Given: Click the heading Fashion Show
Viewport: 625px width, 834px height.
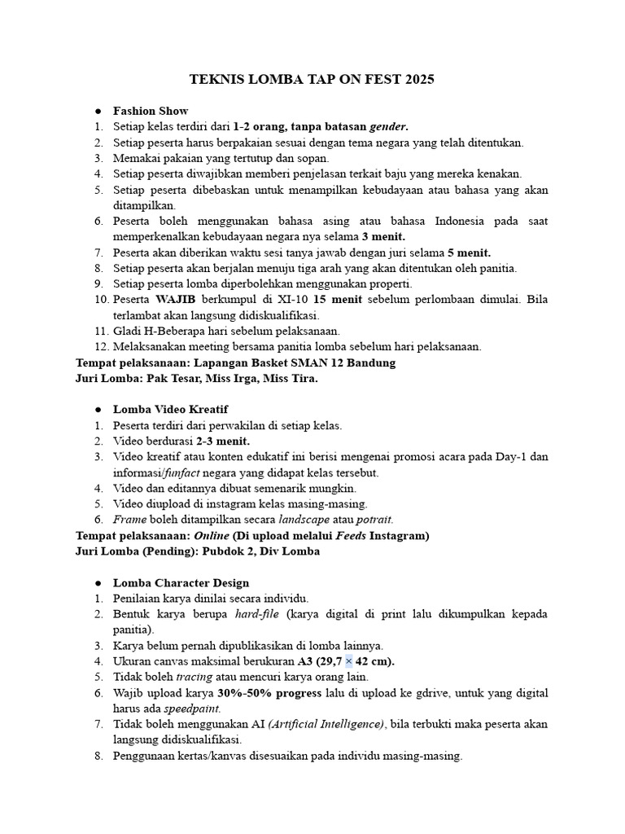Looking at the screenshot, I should (151, 111).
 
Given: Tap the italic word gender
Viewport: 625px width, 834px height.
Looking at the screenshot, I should (389, 126).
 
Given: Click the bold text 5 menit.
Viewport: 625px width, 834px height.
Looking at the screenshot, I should (469, 252).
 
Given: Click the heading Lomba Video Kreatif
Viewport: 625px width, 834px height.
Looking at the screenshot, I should (171, 410).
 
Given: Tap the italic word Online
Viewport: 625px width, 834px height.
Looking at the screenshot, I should (211, 535).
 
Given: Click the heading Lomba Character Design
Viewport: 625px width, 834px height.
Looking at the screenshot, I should (181, 583).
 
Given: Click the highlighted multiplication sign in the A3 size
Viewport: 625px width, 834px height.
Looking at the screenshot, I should (349, 661).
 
